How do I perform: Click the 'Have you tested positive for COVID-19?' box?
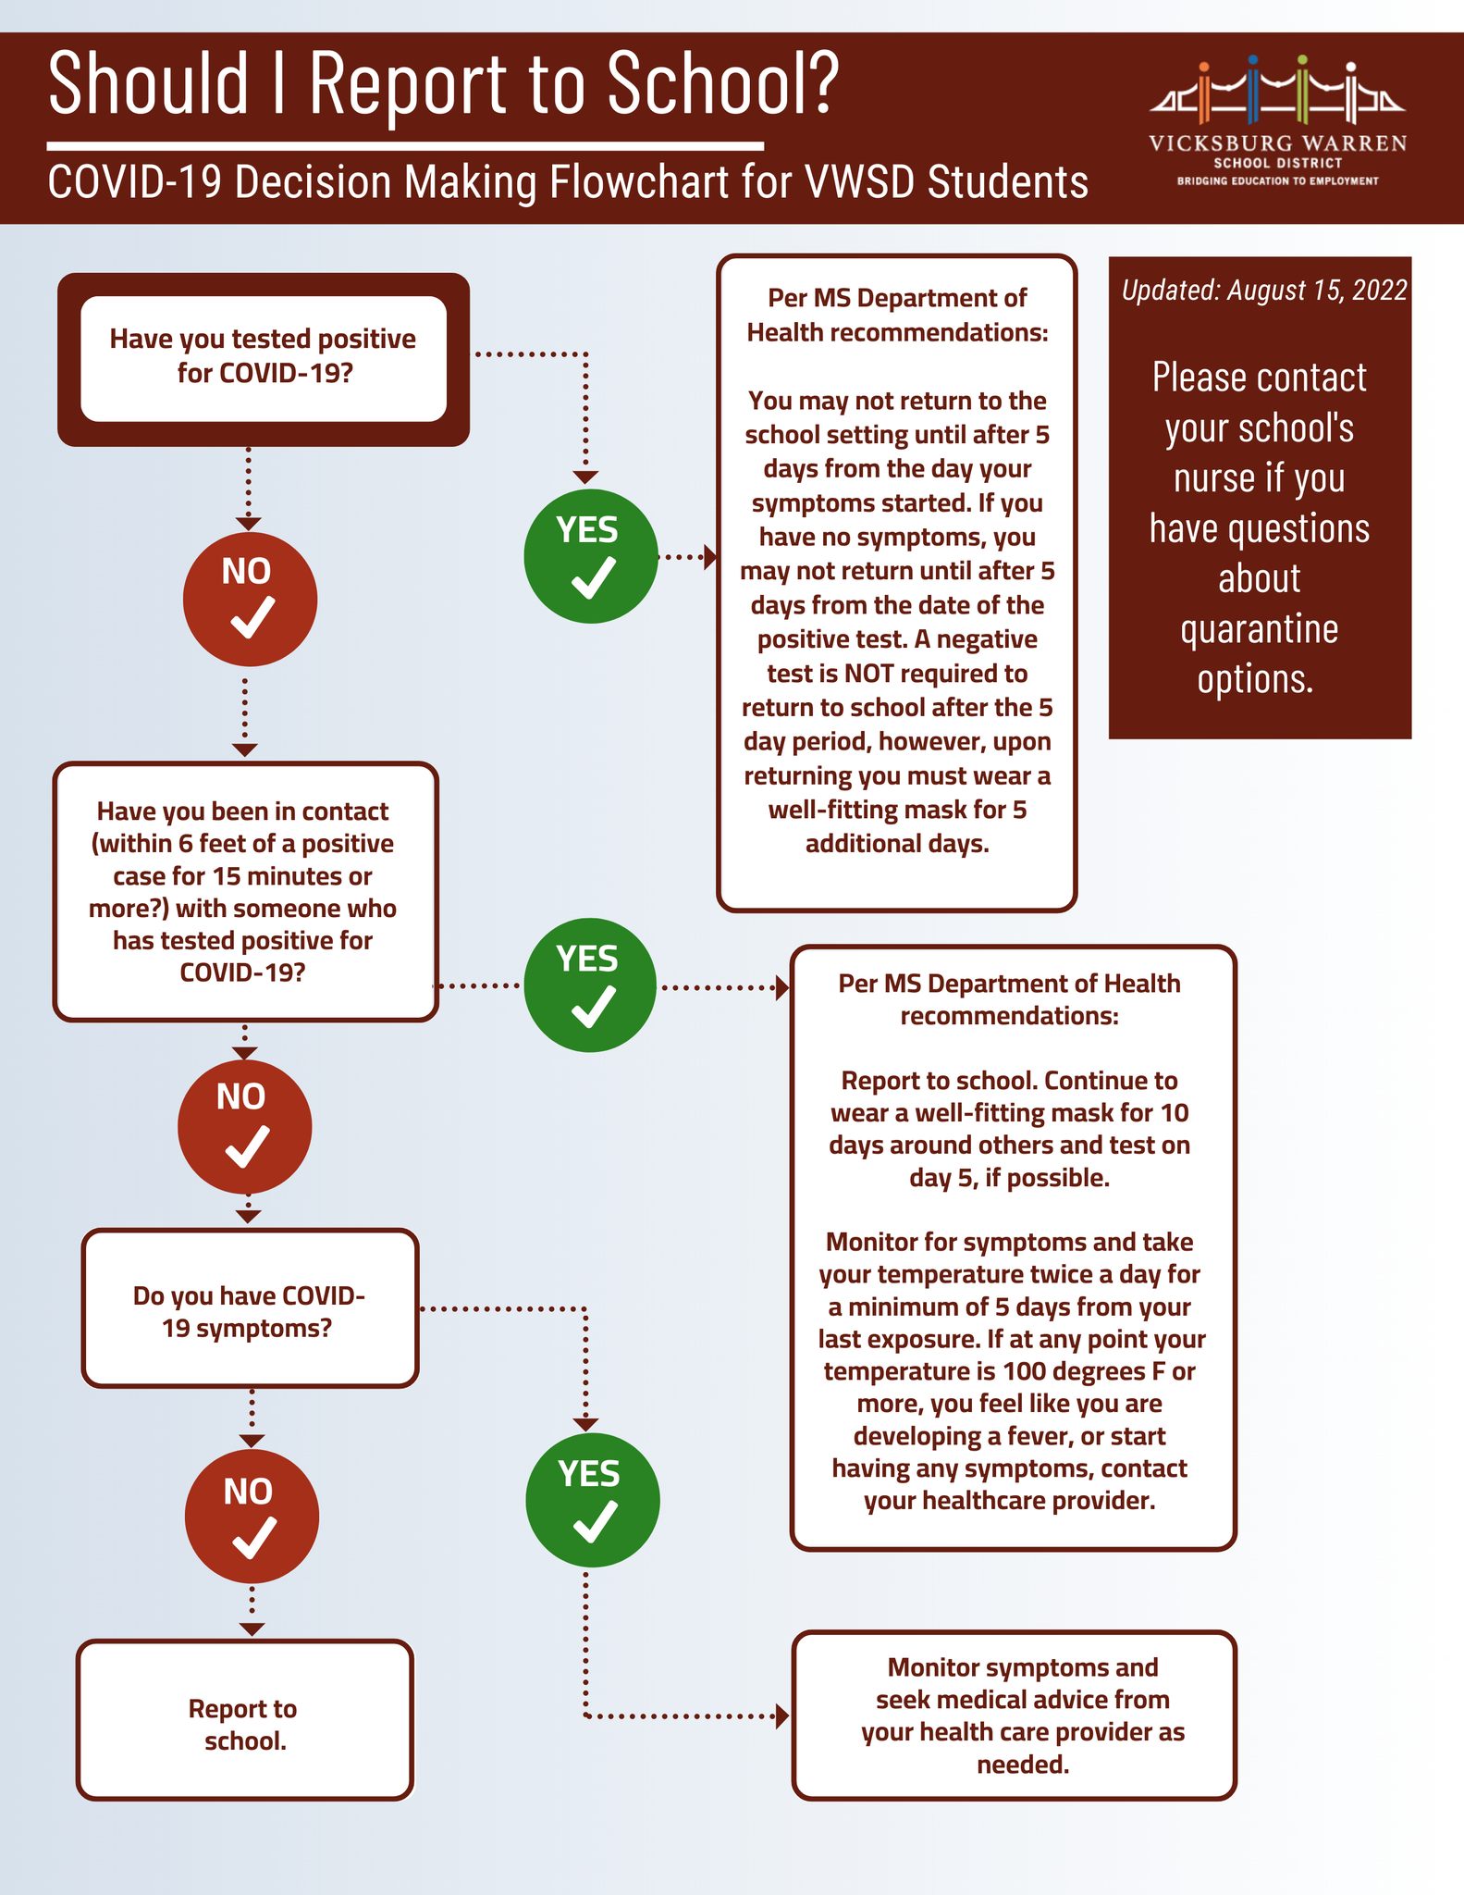click(x=264, y=359)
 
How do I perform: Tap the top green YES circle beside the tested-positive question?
click(x=591, y=556)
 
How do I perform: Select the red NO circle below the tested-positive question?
click(x=251, y=599)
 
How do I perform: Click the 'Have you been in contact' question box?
click(x=245, y=892)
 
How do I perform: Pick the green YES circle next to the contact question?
click(x=590, y=985)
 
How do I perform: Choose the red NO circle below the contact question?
click(x=245, y=1126)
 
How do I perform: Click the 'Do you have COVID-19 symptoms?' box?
click(x=250, y=1308)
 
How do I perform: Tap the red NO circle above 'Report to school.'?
click(x=252, y=1517)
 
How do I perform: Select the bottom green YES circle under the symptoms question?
click(x=593, y=1500)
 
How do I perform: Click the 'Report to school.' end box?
click(x=245, y=1720)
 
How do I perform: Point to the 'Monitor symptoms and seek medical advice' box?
click(x=1015, y=1715)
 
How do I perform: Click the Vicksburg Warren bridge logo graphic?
click(x=1278, y=92)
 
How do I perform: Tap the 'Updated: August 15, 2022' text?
click(x=1264, y=291)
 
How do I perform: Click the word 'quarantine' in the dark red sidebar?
click(x=1260, y=629)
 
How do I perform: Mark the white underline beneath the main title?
click(x=405, y=146)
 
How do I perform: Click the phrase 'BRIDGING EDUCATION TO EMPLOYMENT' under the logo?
click(x=1277, y=181)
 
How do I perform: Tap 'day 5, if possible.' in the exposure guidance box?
click(x=1009, y=1178)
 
